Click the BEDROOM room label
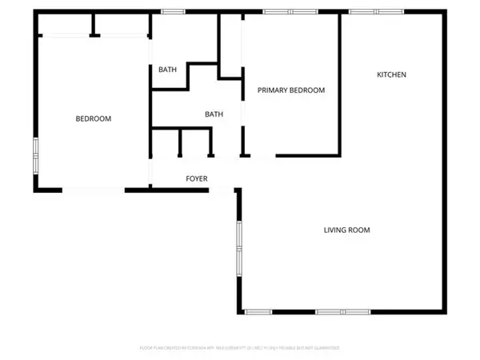[94, 118]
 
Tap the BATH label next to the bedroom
[167, 70]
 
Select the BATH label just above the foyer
[214, 114]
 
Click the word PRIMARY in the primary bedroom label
[272, 90]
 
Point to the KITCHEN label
[392, 74]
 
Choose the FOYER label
[197, 178]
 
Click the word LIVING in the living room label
[336, 230]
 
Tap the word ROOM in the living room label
[360, 230]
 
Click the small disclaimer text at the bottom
[240, 348]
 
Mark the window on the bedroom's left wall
[35, 154]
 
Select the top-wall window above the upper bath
[170, 11]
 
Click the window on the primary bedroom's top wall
[289, 11]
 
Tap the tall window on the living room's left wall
[238, 248]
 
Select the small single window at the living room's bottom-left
[258, 311]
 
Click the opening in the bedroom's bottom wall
[94, 190]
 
